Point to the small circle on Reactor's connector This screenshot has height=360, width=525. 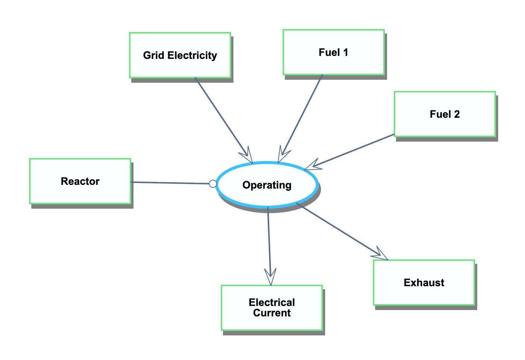click(213, 184)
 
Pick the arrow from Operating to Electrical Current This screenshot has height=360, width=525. click(269, 242)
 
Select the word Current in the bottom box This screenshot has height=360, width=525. click(271, 313)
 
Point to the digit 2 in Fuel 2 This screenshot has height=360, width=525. click(457, 114)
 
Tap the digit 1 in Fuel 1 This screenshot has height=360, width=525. click(346, 53)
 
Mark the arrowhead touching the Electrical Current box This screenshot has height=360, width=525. click(270, 278)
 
